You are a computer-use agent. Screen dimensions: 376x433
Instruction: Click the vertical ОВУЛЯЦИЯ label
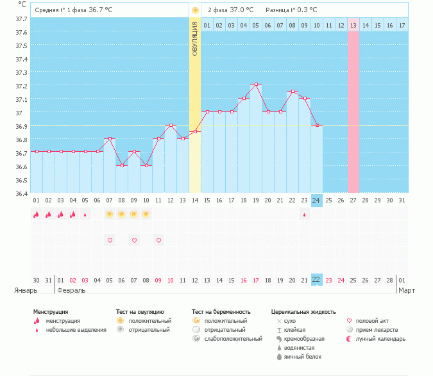[x=195, y=38]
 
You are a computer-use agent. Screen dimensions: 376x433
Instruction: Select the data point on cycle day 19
[x=255, y=84]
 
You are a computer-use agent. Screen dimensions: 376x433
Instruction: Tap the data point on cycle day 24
[x=316, y=126]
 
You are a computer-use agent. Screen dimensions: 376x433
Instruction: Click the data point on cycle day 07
[x=110, y=138]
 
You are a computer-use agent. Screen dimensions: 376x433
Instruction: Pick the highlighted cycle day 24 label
[x=316, y=200]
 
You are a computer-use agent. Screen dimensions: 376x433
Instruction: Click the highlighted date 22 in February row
[x=316, y=280]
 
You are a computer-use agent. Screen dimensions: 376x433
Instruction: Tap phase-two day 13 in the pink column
[x=353, y=25]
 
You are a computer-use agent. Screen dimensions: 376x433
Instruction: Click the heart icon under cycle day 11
[x=158, y=240]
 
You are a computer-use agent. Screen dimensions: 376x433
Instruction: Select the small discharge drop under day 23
[x=304, y=215]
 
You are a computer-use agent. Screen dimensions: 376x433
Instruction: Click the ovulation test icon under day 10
[x=146, y=214]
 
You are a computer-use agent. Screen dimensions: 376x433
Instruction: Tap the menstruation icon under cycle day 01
[x=37, y=215]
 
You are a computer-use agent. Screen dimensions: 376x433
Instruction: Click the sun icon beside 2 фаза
[x=195, y=10]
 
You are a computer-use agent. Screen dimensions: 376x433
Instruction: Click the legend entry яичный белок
[x=300, y=356]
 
